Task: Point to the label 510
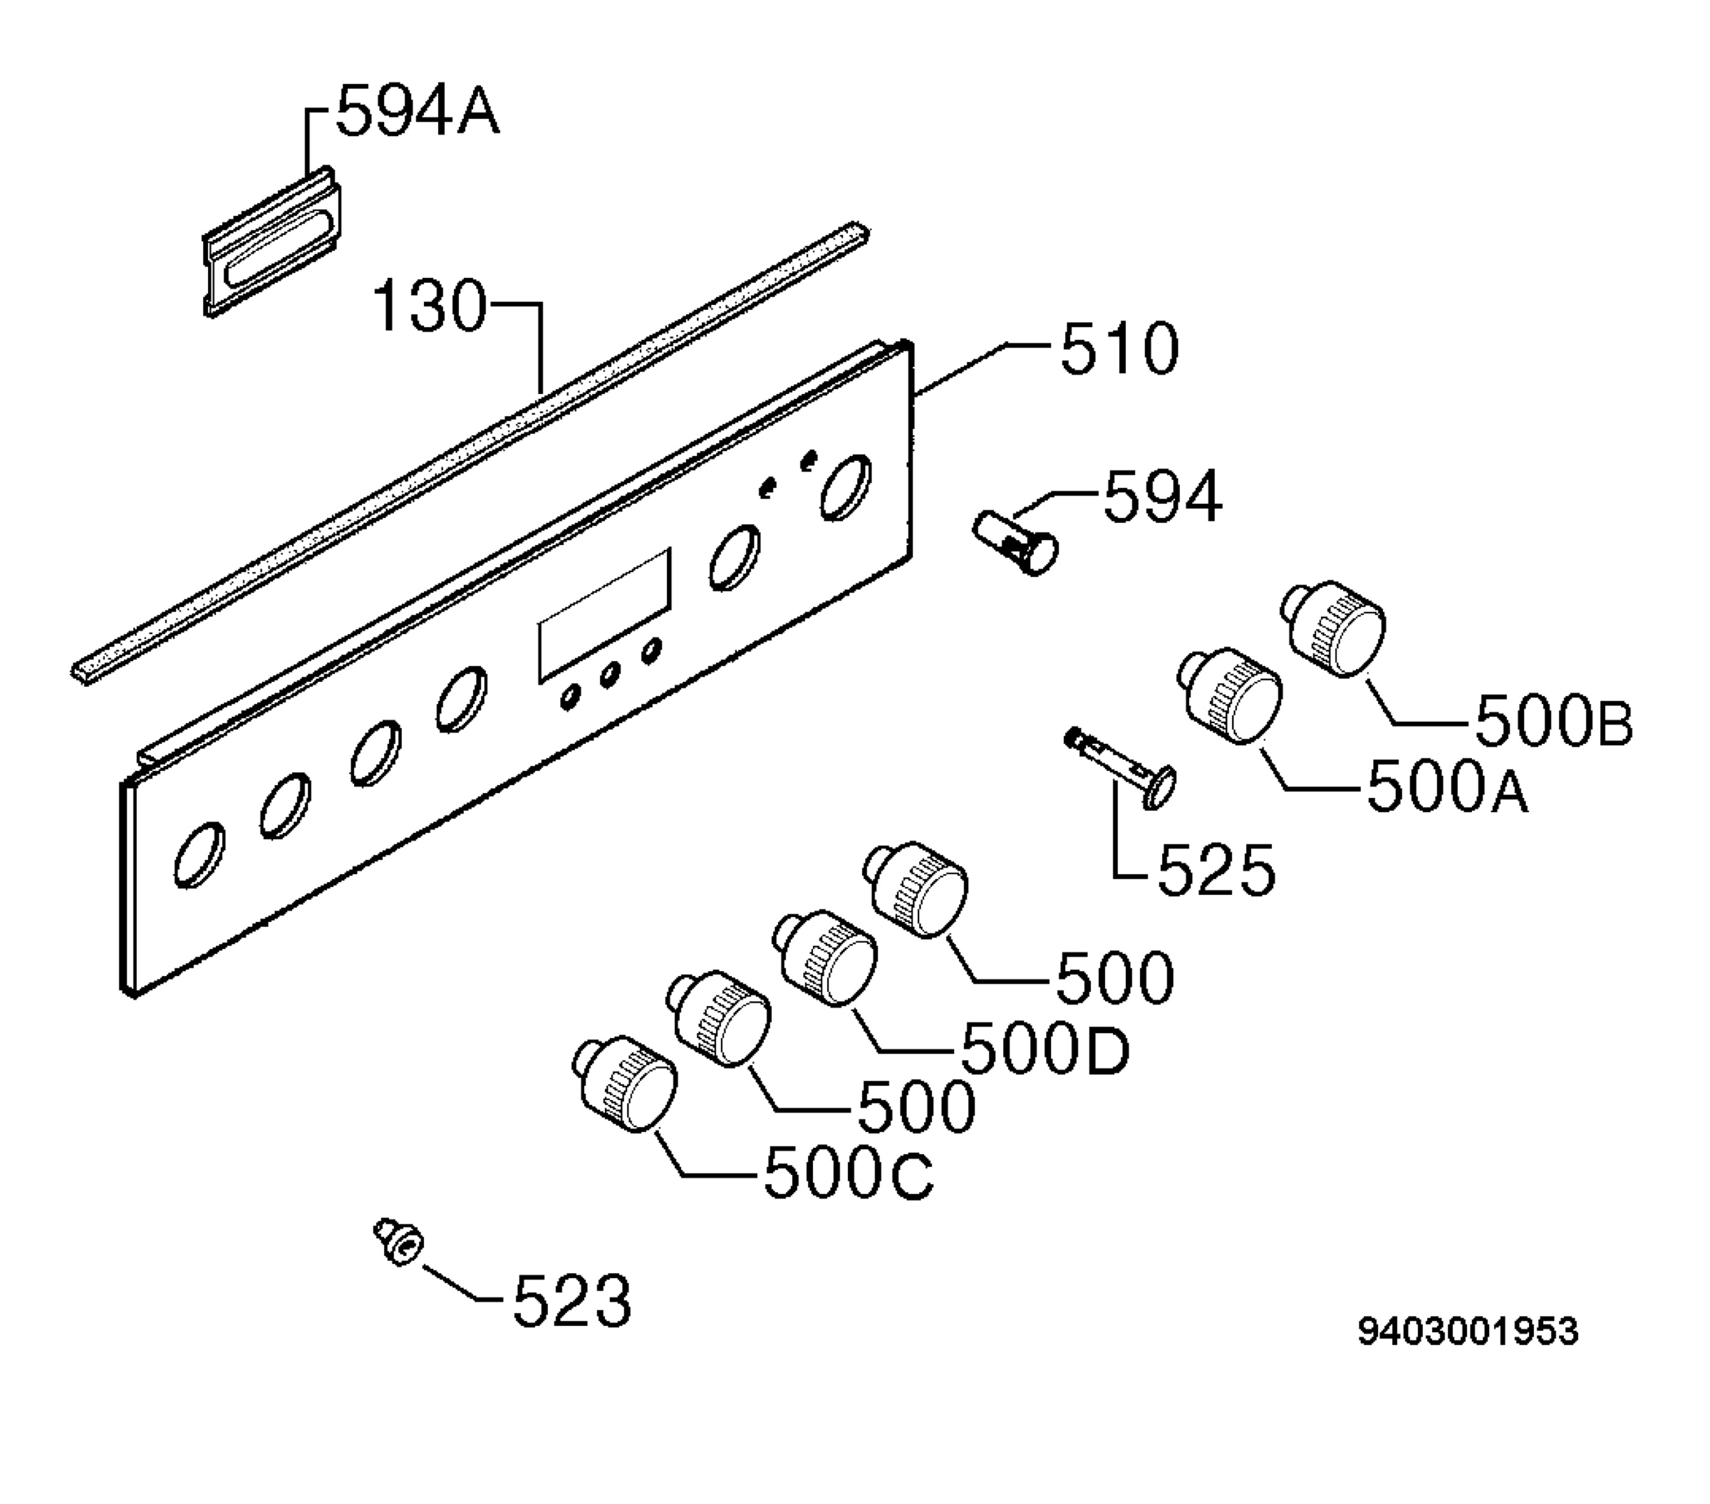1119,349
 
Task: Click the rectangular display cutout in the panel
605,615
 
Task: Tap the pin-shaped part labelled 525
1120,768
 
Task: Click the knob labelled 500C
625,1085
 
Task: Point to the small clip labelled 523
398,1241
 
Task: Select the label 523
571,1300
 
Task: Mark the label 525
1216,870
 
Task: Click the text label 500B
1553,722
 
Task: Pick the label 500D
1046,1048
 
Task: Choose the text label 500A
1447,787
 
